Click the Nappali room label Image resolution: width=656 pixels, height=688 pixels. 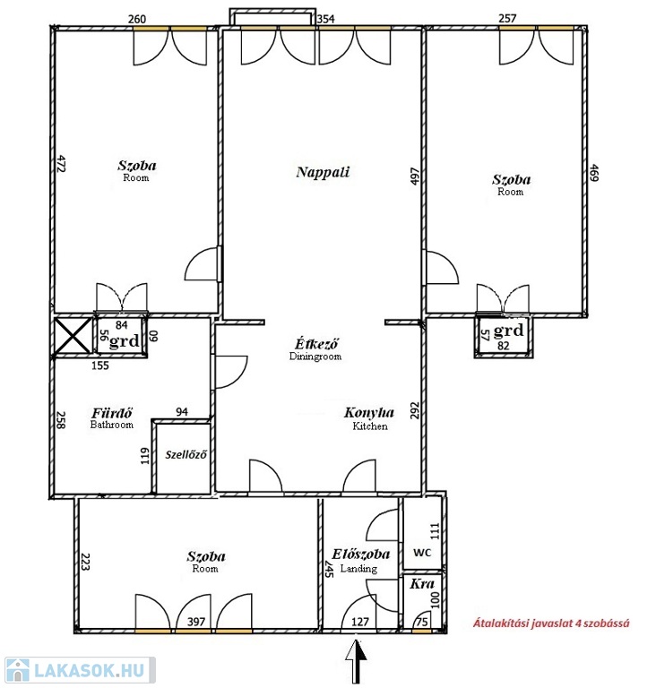tap(323, 172)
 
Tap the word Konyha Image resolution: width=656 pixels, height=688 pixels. tap(369, 412)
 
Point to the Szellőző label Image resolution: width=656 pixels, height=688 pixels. tap(186, 454)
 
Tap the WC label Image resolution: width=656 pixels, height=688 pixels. tap(422, 553)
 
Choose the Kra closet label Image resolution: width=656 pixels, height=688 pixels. tap(422, 584)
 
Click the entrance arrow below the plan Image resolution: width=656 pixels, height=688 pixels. tap(356, 661)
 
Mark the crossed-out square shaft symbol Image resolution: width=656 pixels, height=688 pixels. tap(73, 336)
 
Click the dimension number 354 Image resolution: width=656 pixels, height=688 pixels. tap(326, 19)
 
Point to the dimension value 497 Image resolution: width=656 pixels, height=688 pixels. tap(415, 176)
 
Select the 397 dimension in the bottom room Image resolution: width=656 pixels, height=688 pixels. tap(196, 622)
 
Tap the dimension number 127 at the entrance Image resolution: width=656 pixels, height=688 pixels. tap(360, 622)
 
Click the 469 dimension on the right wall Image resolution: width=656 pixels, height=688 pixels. tap(594, 173)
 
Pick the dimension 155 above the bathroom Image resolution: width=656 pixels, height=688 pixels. tap(100, 365)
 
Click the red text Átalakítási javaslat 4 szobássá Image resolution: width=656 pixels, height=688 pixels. tap(551, 623)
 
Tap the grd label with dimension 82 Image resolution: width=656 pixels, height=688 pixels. tap(508, 330)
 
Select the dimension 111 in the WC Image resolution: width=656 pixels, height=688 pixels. tap(435, 531)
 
